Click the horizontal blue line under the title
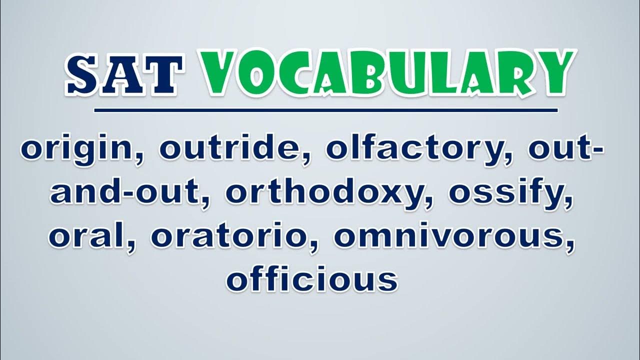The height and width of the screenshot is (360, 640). [x=325, y=110]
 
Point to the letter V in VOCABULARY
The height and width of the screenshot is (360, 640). [x=221, y=73]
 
